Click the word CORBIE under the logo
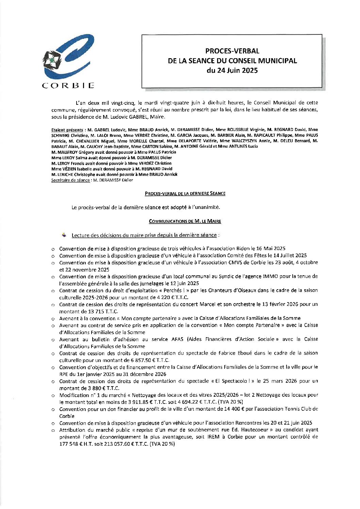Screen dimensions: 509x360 (68, 85)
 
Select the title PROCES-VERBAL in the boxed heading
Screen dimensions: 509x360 (232, 51)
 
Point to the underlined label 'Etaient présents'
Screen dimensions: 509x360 (67, 130)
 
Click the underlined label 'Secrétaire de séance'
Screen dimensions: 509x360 (70, 180)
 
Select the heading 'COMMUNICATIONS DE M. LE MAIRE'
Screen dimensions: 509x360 (185, 221)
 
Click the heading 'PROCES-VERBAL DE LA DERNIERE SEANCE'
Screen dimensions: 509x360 (185, 193)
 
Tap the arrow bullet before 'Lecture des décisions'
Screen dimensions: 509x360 (64, 235)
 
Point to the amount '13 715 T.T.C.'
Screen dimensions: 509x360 (74, 311)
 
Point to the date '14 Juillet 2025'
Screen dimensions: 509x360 (290, 256)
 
